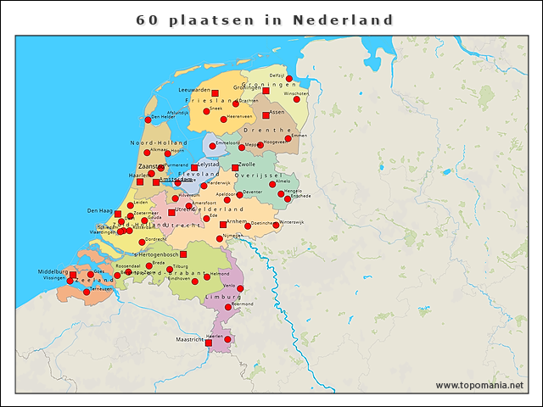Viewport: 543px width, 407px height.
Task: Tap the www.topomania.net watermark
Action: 479,385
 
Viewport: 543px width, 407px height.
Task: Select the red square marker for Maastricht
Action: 209,343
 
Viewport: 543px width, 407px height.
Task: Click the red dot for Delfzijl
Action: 289,79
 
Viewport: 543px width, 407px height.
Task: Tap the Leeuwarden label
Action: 194,90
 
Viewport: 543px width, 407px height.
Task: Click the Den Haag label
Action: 100,210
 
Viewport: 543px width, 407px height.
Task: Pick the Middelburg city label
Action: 53,271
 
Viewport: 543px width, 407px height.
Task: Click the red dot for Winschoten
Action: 297,98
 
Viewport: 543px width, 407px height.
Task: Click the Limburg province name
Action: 224,298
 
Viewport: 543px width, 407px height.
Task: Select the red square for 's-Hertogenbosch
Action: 183,254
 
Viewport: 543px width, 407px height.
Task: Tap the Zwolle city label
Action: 247,163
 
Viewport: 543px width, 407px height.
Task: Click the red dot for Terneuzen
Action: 87,291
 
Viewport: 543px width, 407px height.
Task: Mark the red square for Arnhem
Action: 223,225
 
